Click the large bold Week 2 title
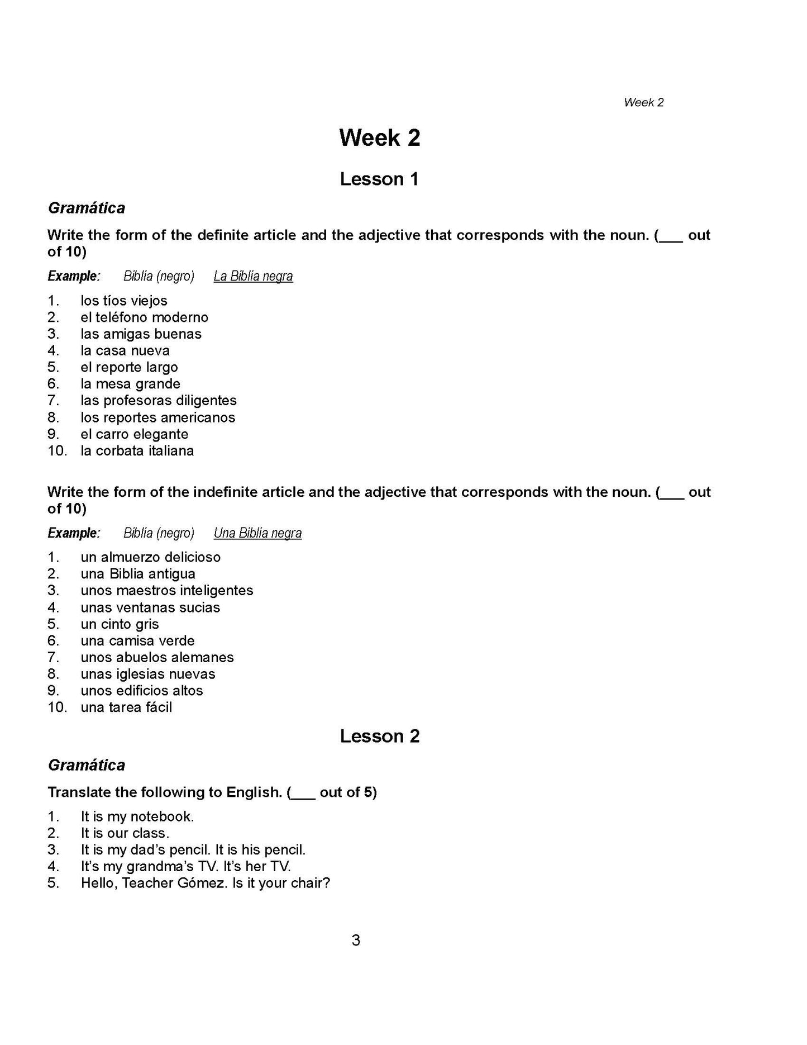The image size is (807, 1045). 379,138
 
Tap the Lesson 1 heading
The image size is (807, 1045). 379,179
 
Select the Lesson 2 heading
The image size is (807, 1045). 379,737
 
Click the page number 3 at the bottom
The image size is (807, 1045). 356,940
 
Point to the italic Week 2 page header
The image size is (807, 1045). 643,102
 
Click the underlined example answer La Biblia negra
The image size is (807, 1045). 253,276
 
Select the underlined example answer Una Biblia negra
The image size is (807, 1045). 257,533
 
